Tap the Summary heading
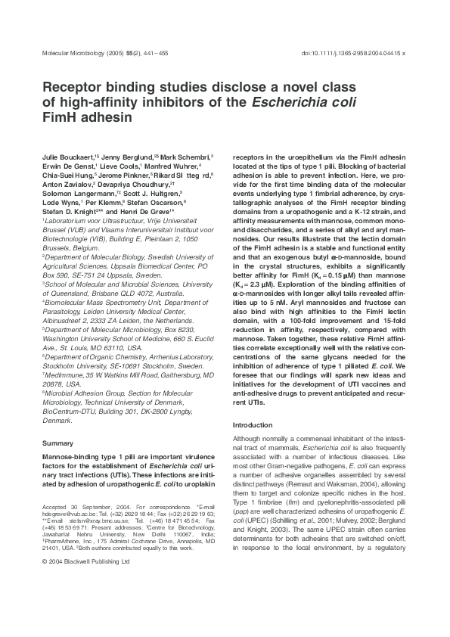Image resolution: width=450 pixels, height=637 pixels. pyautogui.click(x=57, y=442)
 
